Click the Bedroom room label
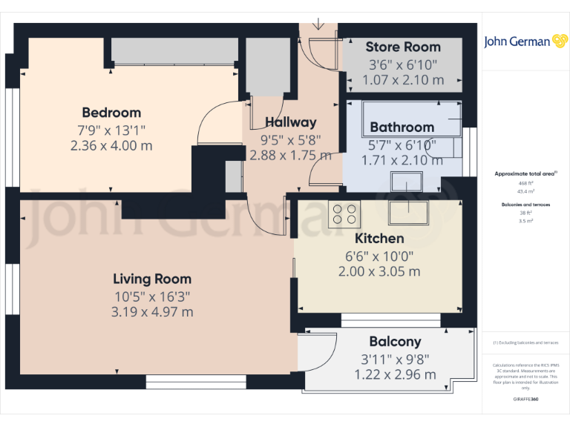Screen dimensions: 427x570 pos(111,113)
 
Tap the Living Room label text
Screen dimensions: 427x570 pos(152,279)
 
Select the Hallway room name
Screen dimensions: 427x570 pos(291,122)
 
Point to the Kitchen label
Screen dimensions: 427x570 pos(379,238)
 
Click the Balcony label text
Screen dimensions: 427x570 pos(395,342)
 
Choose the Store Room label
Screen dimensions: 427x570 pos(403,47)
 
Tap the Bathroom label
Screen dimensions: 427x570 pos(402,127)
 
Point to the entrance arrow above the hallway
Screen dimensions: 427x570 pos(318,24)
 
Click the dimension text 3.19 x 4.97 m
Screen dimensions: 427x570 pos(152,312)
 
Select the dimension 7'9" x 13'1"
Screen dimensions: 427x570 pos(111,130)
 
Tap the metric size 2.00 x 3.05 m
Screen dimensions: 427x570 pos(379,271)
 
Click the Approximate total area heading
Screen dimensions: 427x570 pos(525,173)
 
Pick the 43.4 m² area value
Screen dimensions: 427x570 pos(525,191)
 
